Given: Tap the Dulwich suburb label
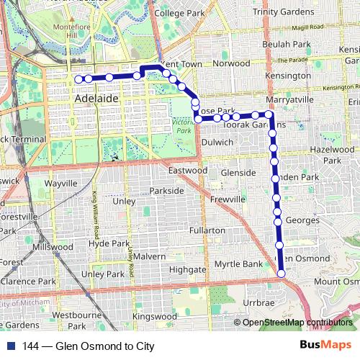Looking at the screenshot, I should pos(217,143).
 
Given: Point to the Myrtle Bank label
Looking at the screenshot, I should pos(240,264).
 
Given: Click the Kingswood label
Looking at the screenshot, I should pos(155,316).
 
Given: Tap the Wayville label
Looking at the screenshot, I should pos(60,184).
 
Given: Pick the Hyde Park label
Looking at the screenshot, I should pos(108,243).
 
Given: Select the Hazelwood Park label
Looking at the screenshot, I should pos(327,153).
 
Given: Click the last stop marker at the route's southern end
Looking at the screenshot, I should pos(281,273).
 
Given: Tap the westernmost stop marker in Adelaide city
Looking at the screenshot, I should pos(78,78).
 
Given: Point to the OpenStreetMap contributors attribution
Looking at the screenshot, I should pos(297,322).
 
